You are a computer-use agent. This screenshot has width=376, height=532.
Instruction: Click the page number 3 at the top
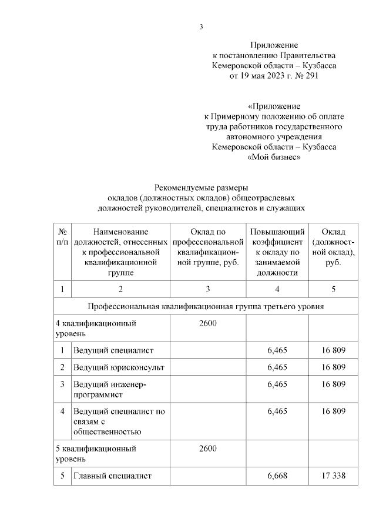click(x=201, y=26)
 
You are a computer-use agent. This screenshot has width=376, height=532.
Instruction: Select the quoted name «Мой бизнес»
click(x=274, y=158)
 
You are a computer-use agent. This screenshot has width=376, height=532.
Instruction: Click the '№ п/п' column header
click(x=62, y=237)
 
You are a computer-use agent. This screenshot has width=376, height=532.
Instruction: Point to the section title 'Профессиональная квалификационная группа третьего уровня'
click(x=206, y=307)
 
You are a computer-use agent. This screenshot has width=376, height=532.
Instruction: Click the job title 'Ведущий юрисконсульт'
click(x=119, y=367)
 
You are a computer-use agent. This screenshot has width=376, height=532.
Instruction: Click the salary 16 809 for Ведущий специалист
click(x=333, y=350)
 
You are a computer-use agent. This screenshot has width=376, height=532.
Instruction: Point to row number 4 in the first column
click(x=62, y=411)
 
